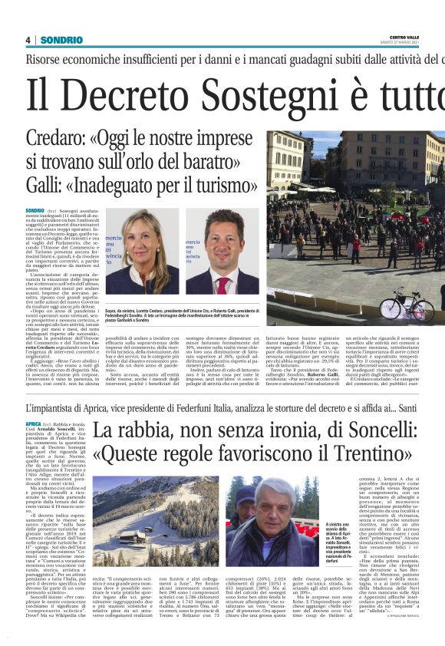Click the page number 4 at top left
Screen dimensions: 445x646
click(28, 40)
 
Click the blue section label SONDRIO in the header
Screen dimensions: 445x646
click(57, 40)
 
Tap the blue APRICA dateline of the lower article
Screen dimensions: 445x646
click(33, 424)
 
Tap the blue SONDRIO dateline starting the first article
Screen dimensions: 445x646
click(35, 209)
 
